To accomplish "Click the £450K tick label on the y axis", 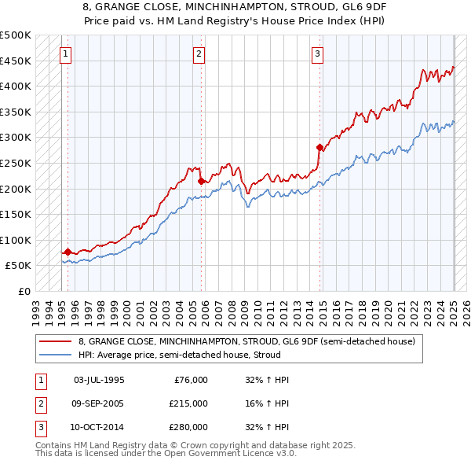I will click(x=16, y=61).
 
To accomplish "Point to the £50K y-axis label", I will click(x=19, y=266).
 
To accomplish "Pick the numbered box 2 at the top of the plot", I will click(x=199, y=54).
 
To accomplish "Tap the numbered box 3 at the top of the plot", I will click(x=317, y=54).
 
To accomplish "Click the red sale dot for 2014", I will click(x=319, y=147).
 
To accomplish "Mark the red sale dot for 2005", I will click(x=202, y=181).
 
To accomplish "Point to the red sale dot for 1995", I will click(x=68, y=252).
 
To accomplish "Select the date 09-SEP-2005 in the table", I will click(x=99, y=403).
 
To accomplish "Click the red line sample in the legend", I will click(x=55, y=341).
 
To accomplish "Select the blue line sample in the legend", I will click(x=55, y=355).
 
